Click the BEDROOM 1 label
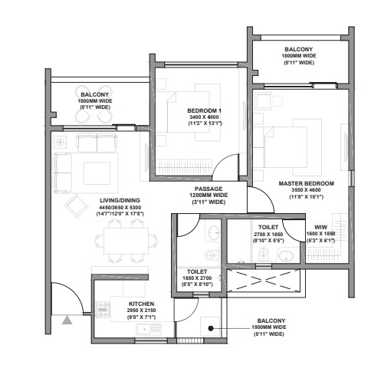coord(203,110)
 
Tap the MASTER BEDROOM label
coord(306,183)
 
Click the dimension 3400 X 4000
coord(203,119)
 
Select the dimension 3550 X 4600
coord(306,192)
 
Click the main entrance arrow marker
coord(67,320)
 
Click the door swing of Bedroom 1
coord(223,165)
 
